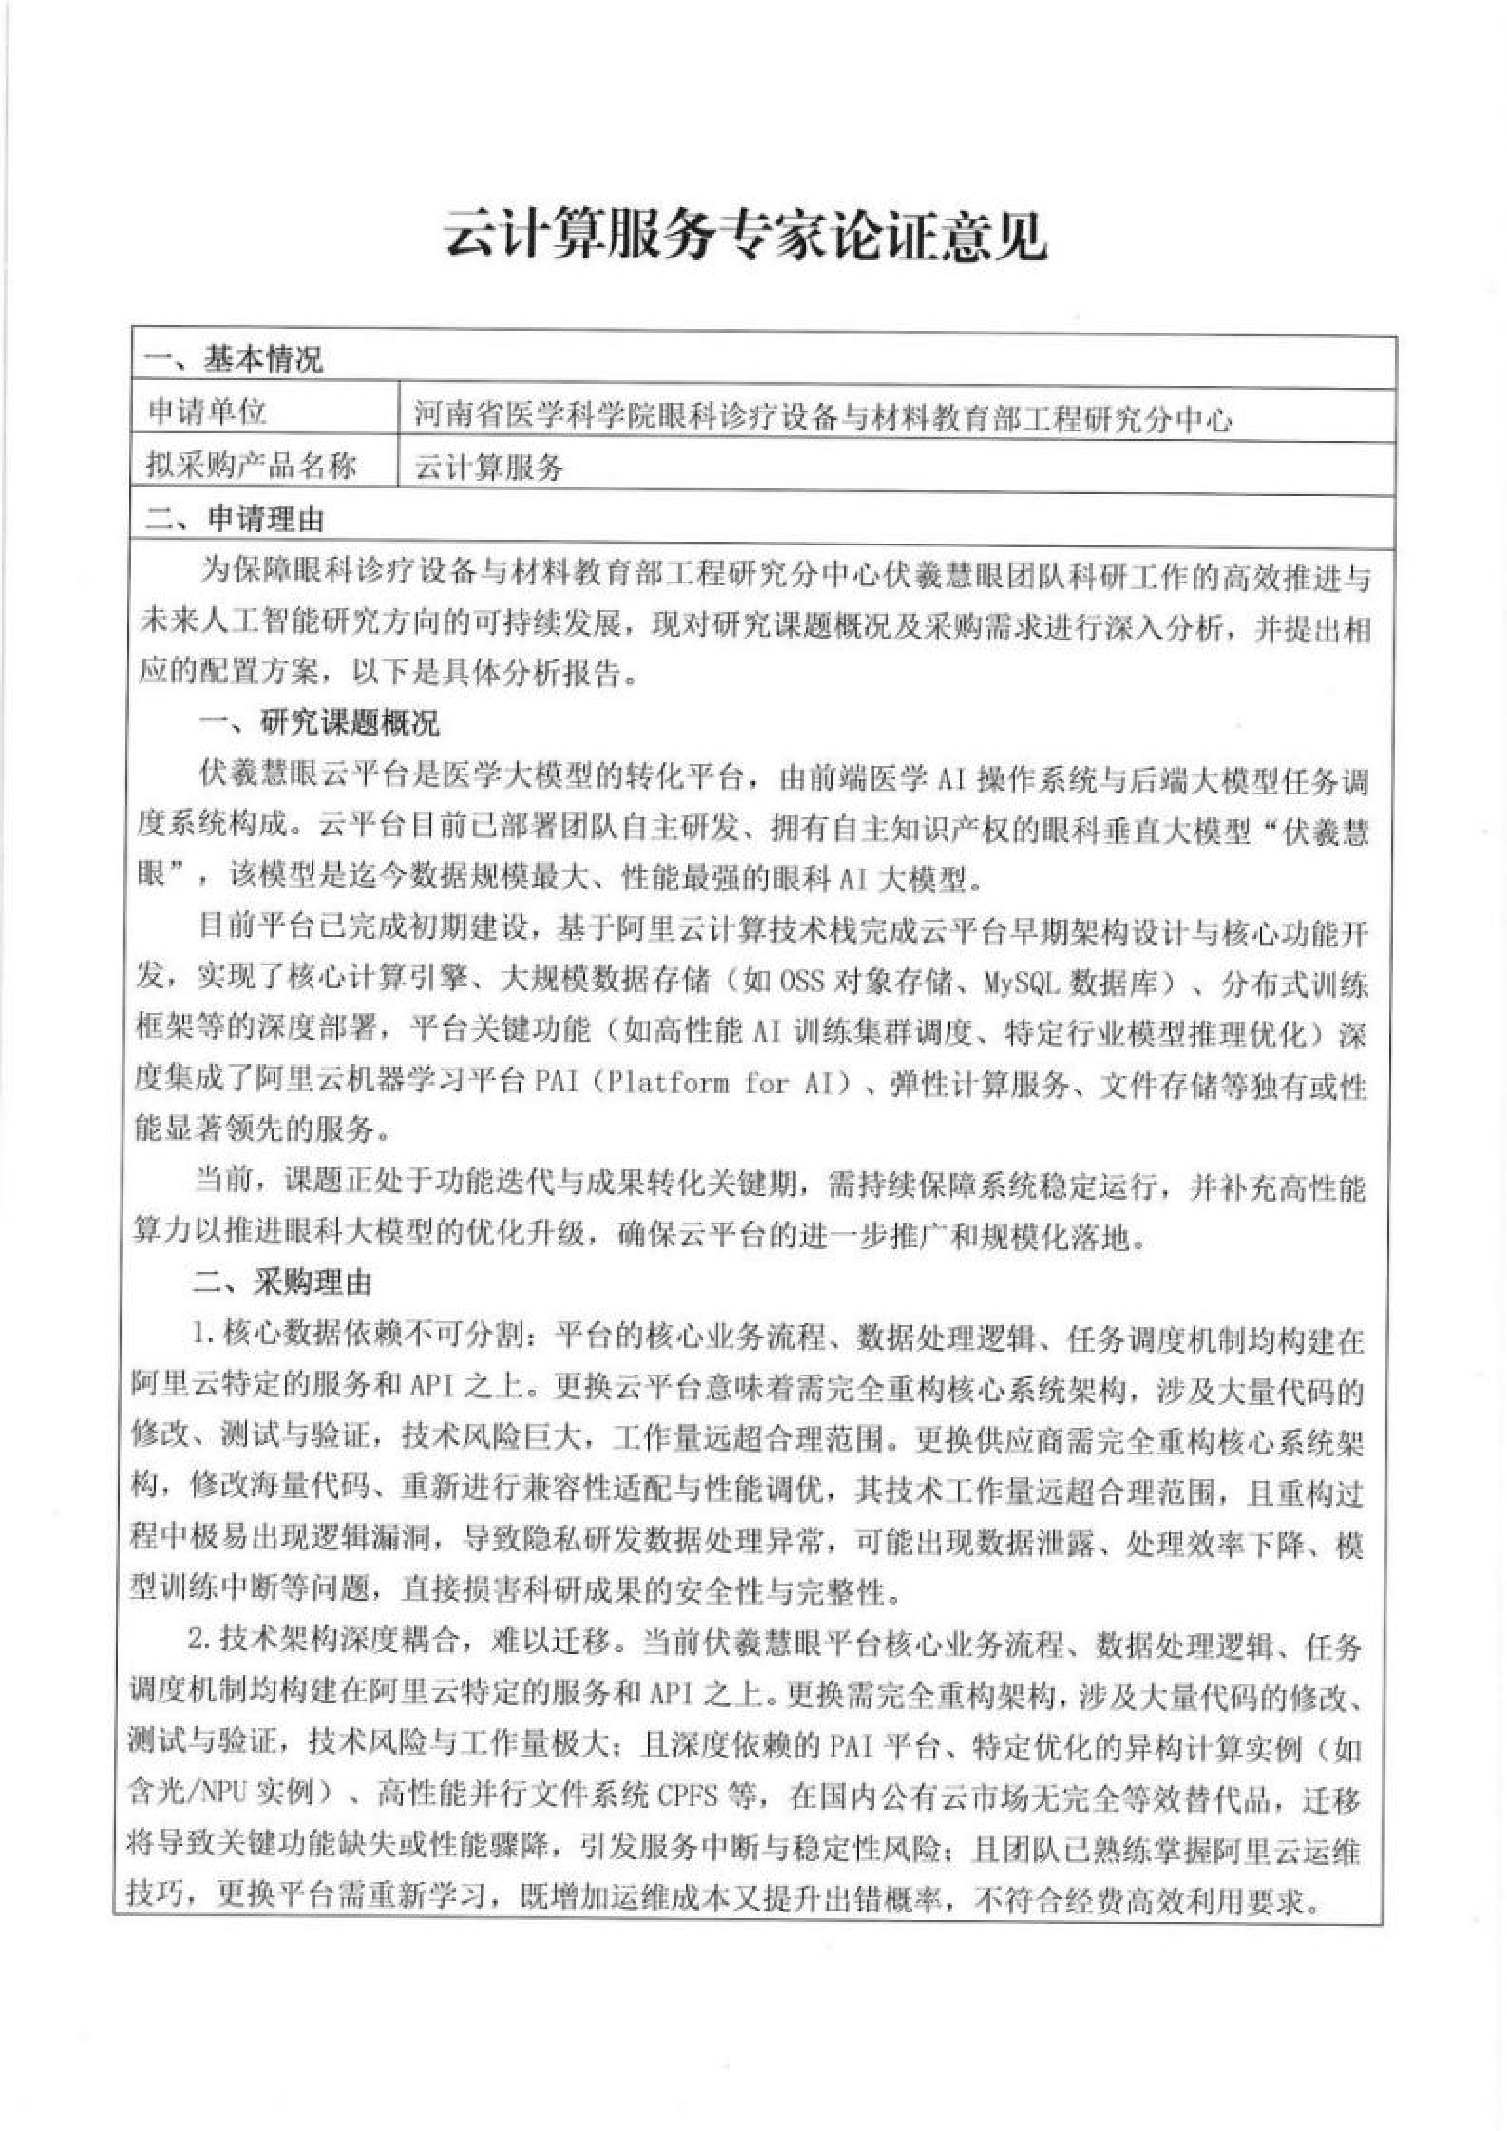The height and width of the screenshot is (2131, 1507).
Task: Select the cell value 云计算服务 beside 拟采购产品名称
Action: point(489,467)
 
